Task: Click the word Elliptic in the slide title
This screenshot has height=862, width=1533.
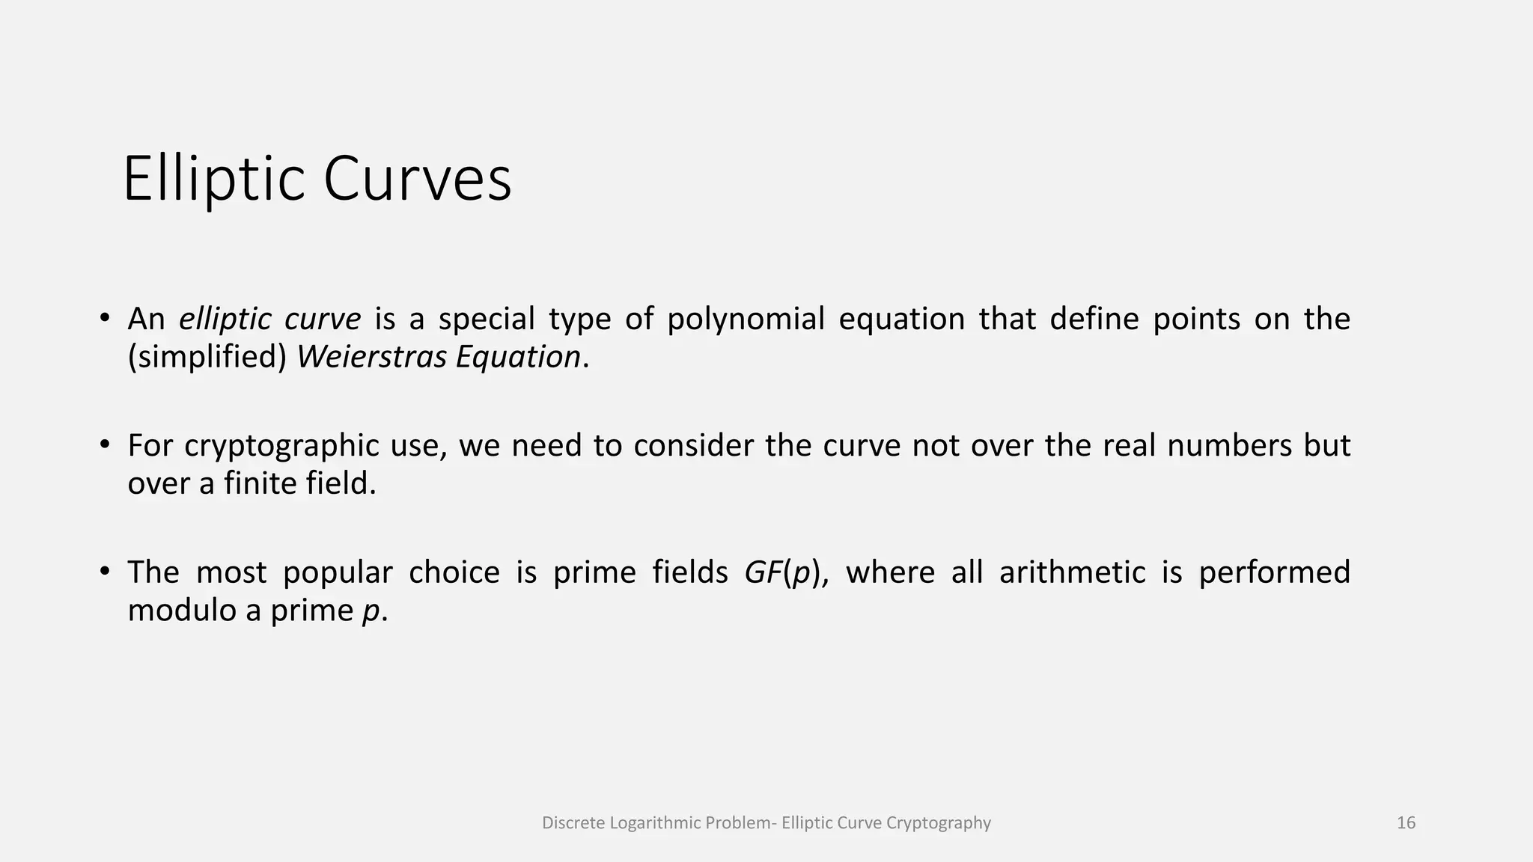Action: [214, 180]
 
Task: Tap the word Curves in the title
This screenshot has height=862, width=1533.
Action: [417, 180]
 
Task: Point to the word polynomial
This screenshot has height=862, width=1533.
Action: [746, 320]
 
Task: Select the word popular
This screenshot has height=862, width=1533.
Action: [338, 572]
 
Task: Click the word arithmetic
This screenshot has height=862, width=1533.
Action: [1072, 572]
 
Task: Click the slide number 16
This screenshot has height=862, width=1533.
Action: [1406, 823]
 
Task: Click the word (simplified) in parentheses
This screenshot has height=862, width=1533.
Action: [207, 357]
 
